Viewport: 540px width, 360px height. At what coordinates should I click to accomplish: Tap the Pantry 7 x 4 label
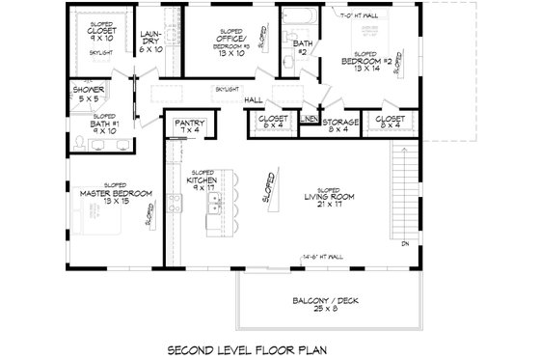pos(186,125)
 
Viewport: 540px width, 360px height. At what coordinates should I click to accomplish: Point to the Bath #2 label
pos(300,47)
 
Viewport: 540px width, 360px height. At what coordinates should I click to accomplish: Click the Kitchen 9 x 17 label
pos(201,183)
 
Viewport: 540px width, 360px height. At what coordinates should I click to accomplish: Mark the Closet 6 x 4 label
pos(269,122)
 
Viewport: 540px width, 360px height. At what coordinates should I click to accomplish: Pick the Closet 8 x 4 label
pos(394,122)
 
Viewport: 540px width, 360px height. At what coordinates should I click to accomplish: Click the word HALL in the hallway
pos(255,98)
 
